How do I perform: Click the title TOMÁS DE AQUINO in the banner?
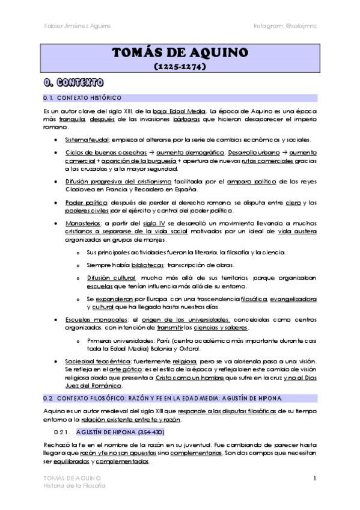[180, 54]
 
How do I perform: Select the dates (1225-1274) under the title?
[180, 67]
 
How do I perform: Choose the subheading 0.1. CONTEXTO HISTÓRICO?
[82, 97]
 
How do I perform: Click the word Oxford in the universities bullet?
[189, 348]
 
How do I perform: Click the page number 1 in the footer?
[314, 478]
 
